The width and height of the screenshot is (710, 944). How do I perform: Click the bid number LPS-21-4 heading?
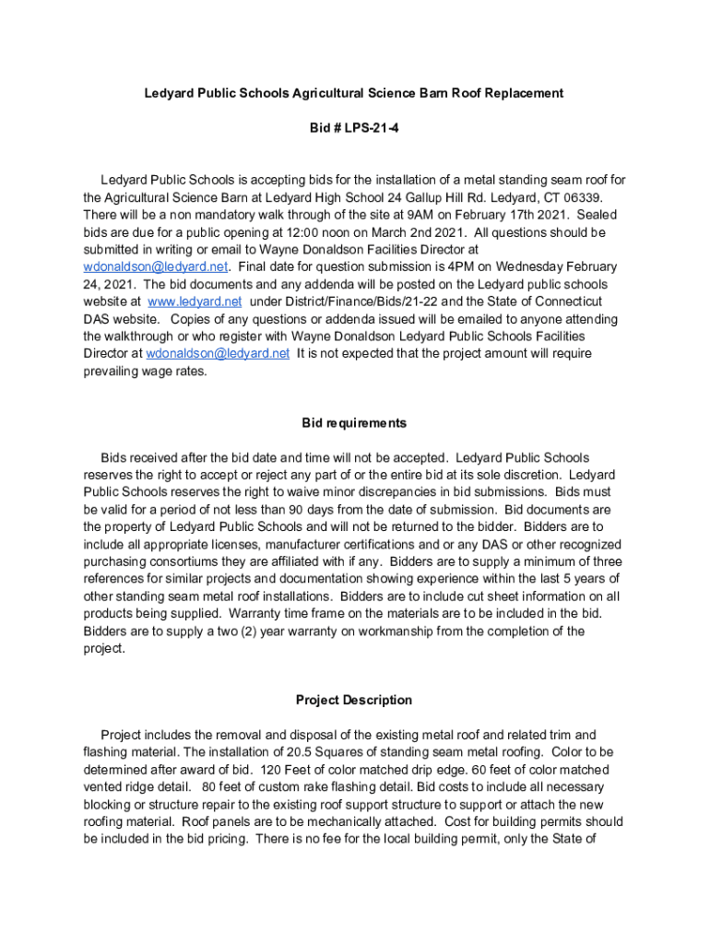pos(354,128)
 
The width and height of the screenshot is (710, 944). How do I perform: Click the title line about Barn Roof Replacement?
pos(354,93)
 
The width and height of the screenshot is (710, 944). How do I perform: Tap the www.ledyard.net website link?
pos(195,301)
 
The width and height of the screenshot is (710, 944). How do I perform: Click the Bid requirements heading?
pos(354,423)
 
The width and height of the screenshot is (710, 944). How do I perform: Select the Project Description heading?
pos(354,700)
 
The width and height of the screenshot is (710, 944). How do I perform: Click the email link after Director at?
pos(218,353)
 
